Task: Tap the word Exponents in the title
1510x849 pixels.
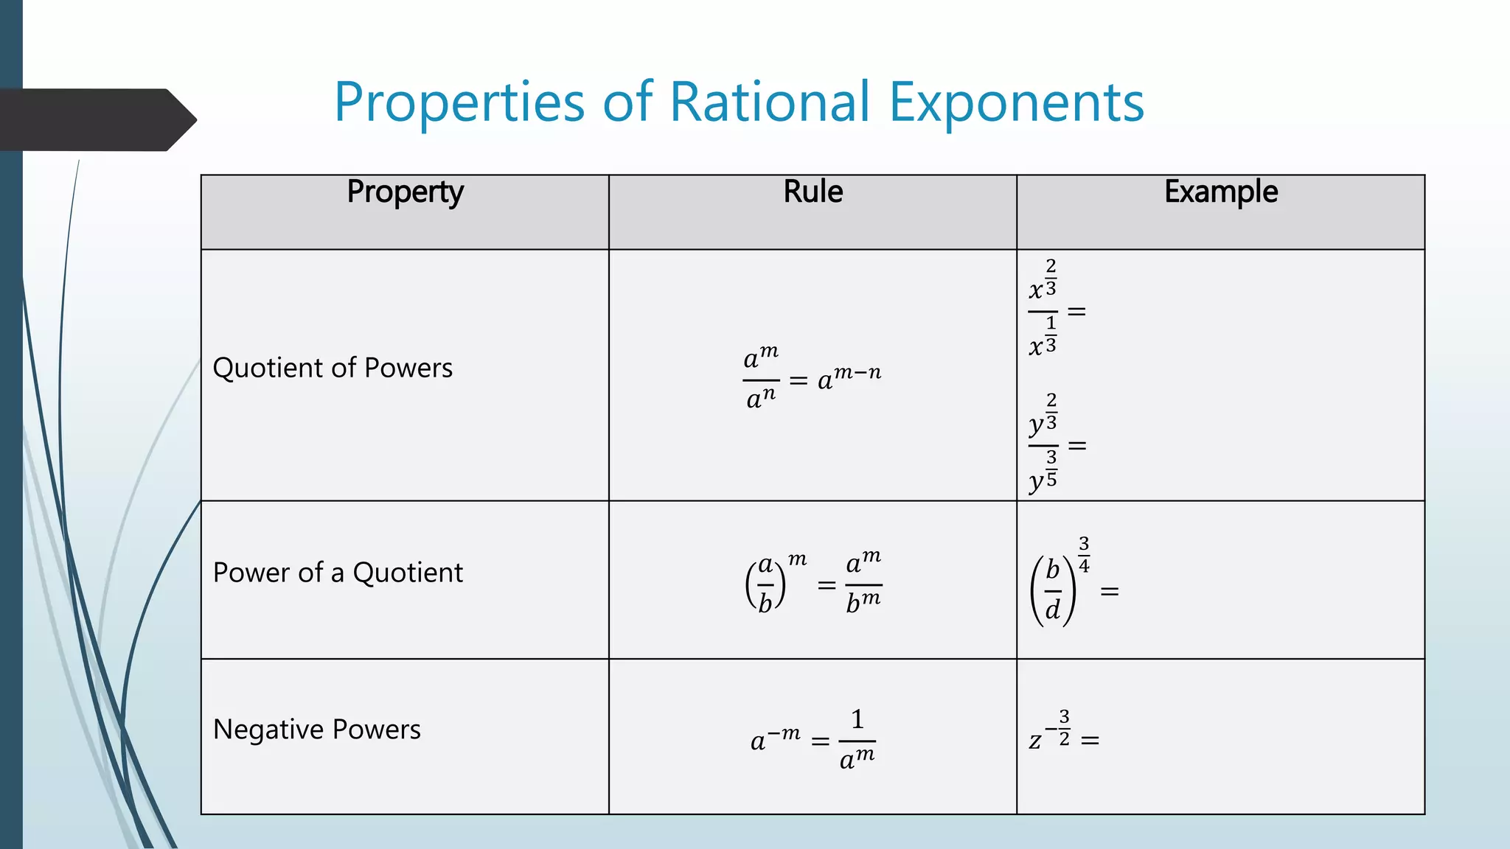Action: pos(1017,103)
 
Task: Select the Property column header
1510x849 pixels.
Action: pos(406,192)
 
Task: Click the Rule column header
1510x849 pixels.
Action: pos(813,192)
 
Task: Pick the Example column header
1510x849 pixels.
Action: pos(1221,192)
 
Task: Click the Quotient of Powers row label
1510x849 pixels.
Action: pos(333,368)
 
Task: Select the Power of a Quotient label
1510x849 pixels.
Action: pos(338,573)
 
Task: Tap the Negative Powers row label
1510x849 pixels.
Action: pos(317,730)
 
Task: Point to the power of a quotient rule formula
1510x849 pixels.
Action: pos(813,582)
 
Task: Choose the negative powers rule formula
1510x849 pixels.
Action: pos(813,739)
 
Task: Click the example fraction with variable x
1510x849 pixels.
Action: pos(1043,310)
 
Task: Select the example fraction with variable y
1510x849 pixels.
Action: pos(1043,444)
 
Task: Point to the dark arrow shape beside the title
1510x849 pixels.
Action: pos(96,119)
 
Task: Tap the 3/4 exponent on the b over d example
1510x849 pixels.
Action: pos(1084,555)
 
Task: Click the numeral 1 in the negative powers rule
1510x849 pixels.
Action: pos(857,719)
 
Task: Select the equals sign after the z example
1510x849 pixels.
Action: pos(1090,739)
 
